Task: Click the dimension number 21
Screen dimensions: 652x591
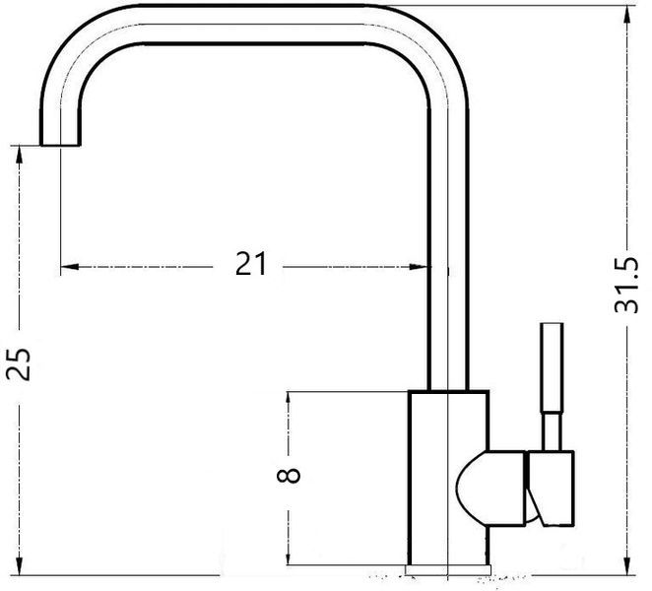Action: (x=250, y=264)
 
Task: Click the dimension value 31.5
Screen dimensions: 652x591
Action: (x=625, y=286)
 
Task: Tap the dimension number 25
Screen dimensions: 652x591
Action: (x=19, y=364)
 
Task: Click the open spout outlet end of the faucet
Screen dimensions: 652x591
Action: (x=60, y=144)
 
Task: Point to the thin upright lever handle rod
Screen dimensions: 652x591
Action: (x=552, y=367)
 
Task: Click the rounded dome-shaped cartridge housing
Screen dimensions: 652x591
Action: (x=490, y=488)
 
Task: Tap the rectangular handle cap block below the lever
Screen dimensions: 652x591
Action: (x=551, y=489)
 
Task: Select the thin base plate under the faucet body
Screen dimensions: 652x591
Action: (x=448, y=569)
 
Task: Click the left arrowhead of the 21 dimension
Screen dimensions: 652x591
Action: (x=70, y=267)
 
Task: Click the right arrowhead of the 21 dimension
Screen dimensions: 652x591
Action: (x=419, y=267)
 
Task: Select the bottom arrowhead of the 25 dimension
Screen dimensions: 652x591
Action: (x=19, y=565)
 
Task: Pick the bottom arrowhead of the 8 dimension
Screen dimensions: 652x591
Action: (x=288, y=556)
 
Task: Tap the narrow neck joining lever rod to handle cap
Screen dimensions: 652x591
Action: (x=552, y=431)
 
